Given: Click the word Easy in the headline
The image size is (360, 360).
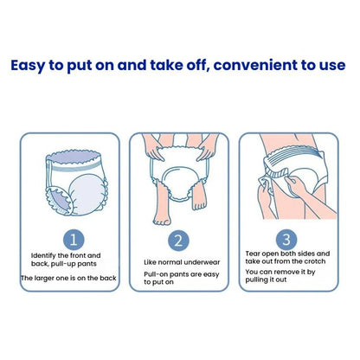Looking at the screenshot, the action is pos(27,66).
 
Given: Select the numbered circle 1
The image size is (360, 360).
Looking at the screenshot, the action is pos(74,240).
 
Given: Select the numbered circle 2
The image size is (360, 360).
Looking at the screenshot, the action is pos(179,241).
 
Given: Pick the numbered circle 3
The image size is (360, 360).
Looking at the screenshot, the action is pos(286,240).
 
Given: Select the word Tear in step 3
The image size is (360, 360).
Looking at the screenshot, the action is pos(253,254).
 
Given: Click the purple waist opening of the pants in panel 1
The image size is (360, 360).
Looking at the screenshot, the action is pos(74,157).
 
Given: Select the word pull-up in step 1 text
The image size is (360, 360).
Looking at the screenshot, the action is pos(63,264).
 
